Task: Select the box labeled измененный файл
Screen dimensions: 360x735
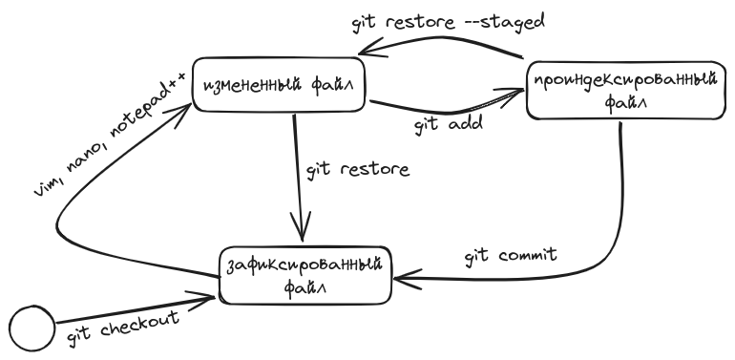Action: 280,88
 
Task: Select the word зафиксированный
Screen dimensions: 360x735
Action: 306,264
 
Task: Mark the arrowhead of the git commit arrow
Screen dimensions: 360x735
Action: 400,279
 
